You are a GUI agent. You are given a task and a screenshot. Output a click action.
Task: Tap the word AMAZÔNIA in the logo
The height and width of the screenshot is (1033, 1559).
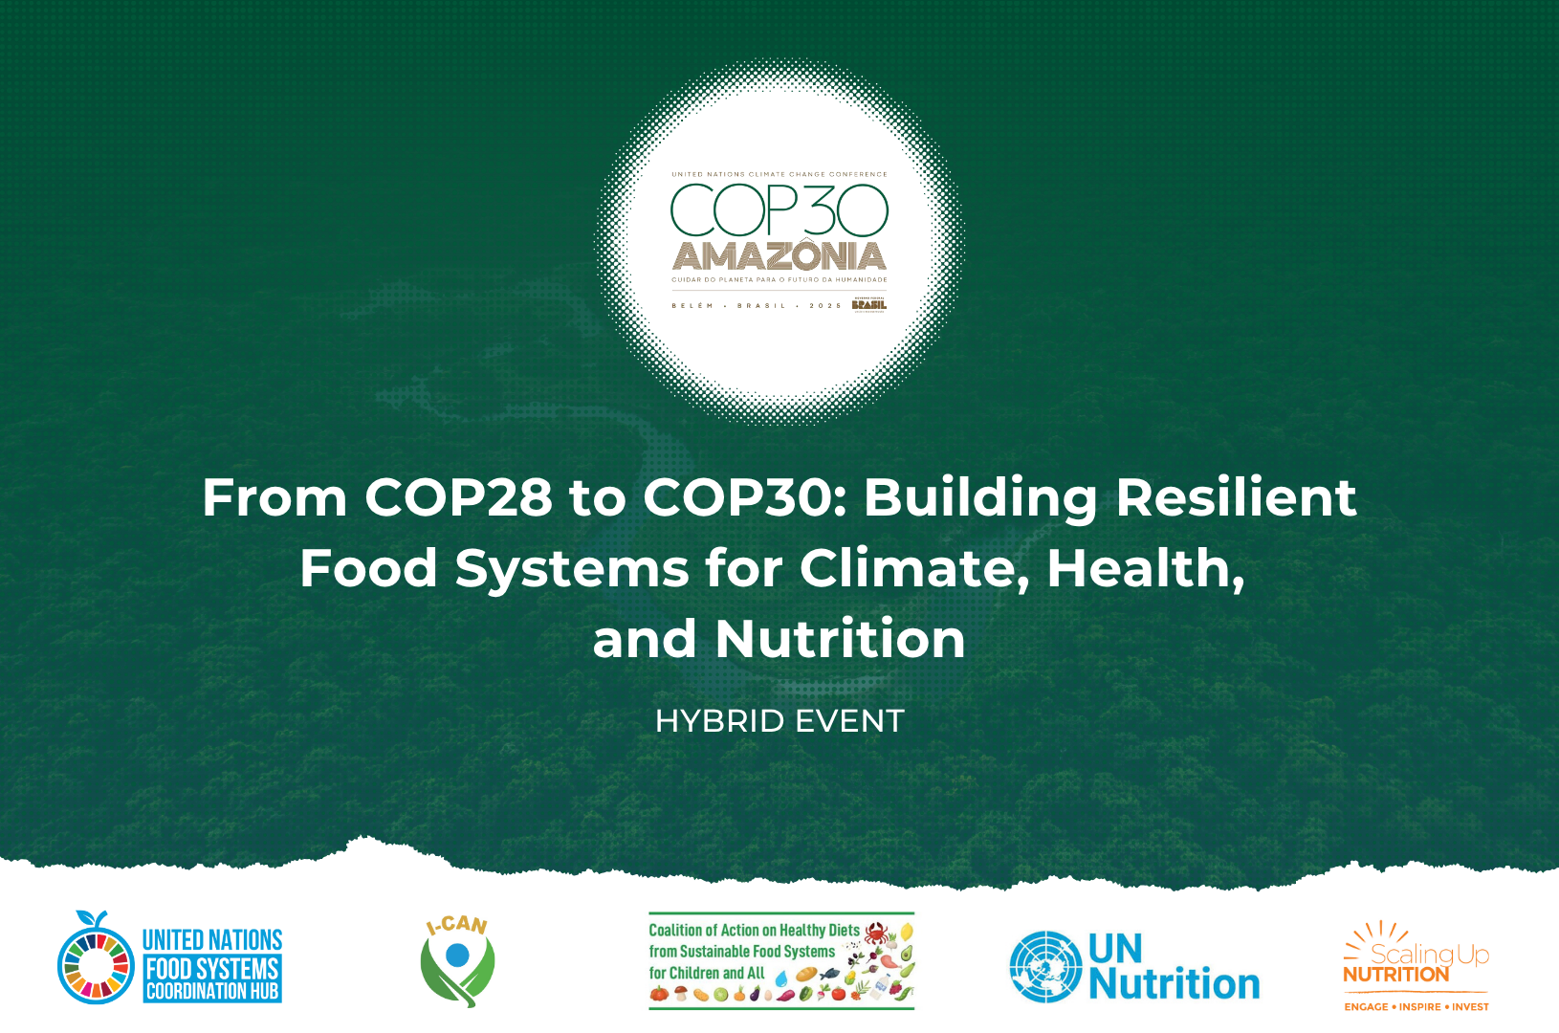tap(779, 256)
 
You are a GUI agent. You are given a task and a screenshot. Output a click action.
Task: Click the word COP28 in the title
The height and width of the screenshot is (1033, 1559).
tap(458, 497)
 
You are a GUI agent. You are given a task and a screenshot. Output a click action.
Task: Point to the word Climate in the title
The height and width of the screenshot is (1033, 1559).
tap(913, 568)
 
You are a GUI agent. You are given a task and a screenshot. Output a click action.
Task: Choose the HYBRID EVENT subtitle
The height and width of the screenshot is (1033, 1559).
tap(779, 721)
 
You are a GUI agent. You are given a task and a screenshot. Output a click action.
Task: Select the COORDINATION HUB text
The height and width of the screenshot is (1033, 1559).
tap(212, 992)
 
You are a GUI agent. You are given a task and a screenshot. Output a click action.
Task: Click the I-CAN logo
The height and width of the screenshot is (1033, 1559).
tap(457, 961)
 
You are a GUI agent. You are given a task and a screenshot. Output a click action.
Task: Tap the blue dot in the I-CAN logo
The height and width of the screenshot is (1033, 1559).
tap(458, 955)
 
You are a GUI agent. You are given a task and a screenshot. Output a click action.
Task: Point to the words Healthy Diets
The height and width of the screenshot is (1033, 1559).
tap(820, 930)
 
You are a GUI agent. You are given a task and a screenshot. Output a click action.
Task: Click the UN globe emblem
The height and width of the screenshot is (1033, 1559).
tap(1045, 966)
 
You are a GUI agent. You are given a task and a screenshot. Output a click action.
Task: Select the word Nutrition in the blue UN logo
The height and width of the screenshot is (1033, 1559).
tap(1175, 984)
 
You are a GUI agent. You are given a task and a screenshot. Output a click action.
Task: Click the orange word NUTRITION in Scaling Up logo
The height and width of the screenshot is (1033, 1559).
tap(1395, 975)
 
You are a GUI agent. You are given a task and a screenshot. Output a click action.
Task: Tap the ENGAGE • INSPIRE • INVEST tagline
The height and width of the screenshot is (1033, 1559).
tap(1416, 1006)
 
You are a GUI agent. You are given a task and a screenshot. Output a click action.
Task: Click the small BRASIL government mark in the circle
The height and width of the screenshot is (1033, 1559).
tap(869, 304)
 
